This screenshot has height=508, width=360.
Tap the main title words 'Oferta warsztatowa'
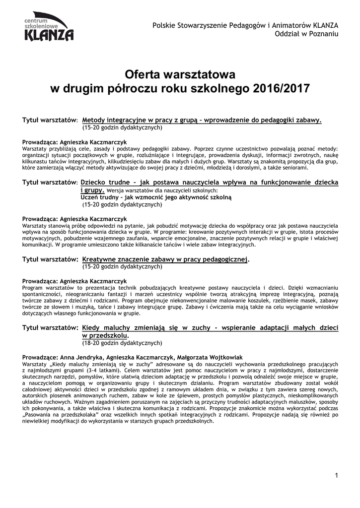click(x=180, y=75)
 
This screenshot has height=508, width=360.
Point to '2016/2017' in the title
click(x=281, y=89)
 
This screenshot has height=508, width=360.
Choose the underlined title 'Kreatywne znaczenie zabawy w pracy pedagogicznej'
click(x=165, y=259)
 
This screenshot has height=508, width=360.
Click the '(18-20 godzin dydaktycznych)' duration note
click(x=122, y=343)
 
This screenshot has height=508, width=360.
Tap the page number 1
click(x=336, y=476)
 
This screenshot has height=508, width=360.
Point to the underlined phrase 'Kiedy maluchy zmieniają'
click(x=123, y=328)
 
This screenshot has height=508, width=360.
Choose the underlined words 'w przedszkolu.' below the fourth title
click(x=104, y=336)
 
